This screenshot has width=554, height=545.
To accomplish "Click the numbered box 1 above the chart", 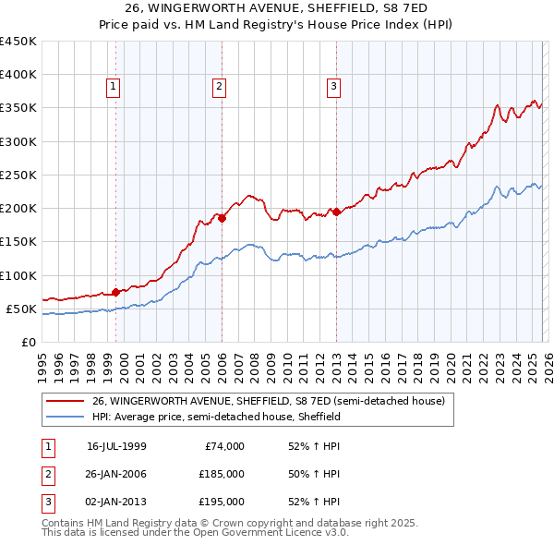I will click(113, 88).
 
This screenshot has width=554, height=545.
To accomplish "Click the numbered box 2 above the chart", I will click(219, 88).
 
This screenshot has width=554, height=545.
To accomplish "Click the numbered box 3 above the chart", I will click(333, 88).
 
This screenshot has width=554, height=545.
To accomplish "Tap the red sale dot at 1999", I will click(115, 292).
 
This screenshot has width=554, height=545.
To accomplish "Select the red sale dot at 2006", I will click(223, 219).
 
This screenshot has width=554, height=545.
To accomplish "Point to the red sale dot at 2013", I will click(336, 212).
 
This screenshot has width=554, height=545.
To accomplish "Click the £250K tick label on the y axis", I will click(18, 175).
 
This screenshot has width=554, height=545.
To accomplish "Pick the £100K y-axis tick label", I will click(18, 275).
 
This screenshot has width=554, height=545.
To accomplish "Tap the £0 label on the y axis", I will click(28, 342).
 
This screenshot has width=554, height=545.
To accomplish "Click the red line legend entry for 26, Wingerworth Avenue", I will click(269, 401).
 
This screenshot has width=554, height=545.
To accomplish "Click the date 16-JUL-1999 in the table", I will click(116, 446).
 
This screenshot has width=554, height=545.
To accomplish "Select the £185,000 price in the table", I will click(222, 474).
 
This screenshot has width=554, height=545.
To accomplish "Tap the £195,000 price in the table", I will click(222, 502).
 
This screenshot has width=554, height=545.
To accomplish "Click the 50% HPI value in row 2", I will click(314, 474).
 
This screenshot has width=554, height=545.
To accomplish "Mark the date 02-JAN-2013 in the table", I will click(116, 502).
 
